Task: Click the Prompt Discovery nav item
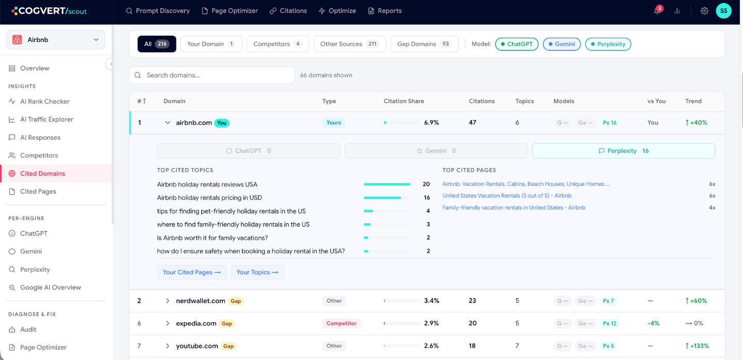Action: (158, 11)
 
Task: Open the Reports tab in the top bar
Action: (385, 11)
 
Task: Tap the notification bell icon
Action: (657, 11)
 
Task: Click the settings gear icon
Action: (704, 11)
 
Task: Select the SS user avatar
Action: (724, 11)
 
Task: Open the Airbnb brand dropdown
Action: (56, 40)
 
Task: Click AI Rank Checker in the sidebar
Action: (45, 102)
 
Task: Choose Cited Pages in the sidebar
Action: (38, 191)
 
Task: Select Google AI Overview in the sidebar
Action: (51, 287)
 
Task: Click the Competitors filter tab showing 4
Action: (278, 44)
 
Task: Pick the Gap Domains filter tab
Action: (424, 44)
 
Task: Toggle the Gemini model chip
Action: (561, 44)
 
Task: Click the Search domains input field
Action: (212, 75)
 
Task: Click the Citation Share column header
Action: (403, 101)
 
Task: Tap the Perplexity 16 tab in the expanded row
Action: (624, 151)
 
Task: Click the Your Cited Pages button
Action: (192, 272)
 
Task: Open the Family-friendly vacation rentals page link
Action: (514, 207)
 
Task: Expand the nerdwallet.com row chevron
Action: (168, 301)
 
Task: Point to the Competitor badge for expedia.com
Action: (342, 323)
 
